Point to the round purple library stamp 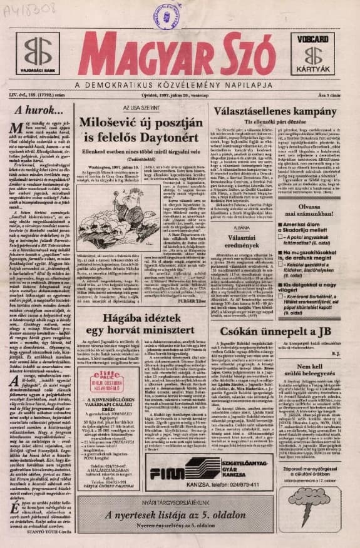167,14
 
